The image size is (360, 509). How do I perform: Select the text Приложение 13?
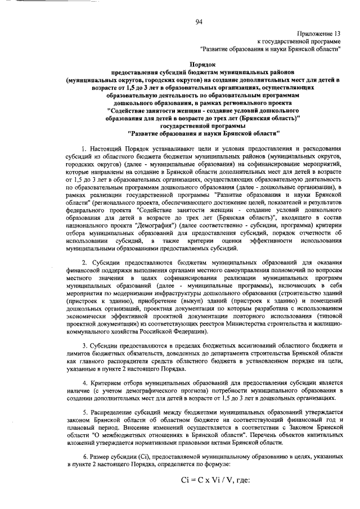point(321,34)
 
